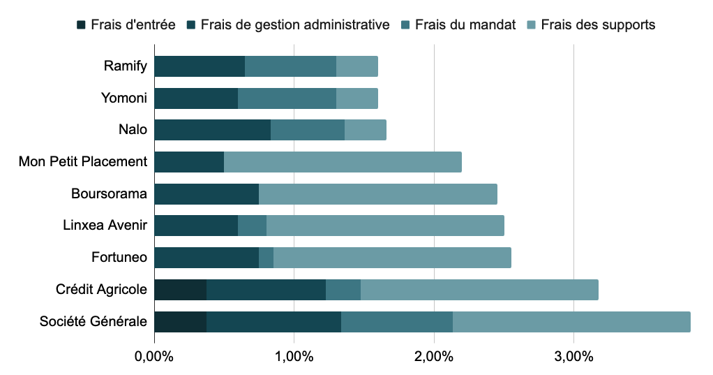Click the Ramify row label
pyautogui.click(x=126, y=66)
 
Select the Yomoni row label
pyautogui.click(x=124, y=98)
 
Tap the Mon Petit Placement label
pyautogui.click(x=83, y=162)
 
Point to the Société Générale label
pyautogui.click(x=93, y=321)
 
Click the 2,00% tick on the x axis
pyautogui.click(x=434, y=357)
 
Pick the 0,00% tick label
pyautogui.click(x=153, y=357)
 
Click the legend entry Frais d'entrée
pyautogui.click(x=125, y=25)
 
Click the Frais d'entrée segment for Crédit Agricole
pyautogui.click(x=180, y=289)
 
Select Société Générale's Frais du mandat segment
pyautogui.click(x=396, y=321)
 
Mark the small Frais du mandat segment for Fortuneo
pyautogui.click(x=266, y=257)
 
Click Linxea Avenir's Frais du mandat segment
pyautogui.click(x=252, y=226)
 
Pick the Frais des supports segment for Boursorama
pyautogui.click(x=377, y=193)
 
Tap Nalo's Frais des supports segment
pyautogui.click(x=365, y=130)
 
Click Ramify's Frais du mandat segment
pyautogui.click(x=290, y=66)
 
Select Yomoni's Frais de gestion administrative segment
pyautogui.click(x=195, y=98)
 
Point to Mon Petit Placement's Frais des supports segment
pyautogui.click(x=343, y=162)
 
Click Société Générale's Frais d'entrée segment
pyautogui.click(x=180, y=321)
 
